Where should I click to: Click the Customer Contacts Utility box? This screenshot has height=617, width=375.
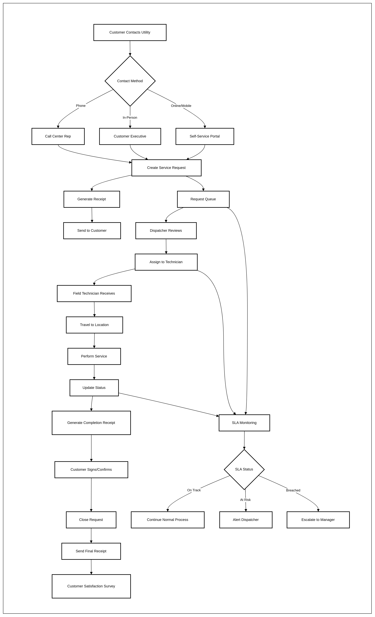pyautogui.click(x=130, y=32)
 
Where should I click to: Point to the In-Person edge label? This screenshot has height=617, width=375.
pyautogui.click(x=130, y=117)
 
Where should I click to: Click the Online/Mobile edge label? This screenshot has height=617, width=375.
pyautogui.click(x=181, y=106)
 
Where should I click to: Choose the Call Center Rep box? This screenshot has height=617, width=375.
pyautogui.click(x=58, y=136)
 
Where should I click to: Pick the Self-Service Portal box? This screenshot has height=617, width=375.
pyautogui.click(x=205, y=136)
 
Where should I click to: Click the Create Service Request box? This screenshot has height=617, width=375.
pyautogui.click(x=166, y=168)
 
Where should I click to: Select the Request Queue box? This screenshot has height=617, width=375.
pyautogui.click(x=203, y=199)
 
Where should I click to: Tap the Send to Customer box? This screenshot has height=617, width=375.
pyautogui.click(x=92, y=231)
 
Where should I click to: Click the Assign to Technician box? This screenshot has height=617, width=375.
pyautogui.click(x=166, y=262)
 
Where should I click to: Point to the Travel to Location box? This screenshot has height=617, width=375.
pyautogui.click(x=94, y=325)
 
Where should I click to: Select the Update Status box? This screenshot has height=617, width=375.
pyautogui.click(x=94, y=388)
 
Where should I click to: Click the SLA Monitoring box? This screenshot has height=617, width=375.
pyautogui.click(x=244, y=423)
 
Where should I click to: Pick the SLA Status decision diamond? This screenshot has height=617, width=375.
pyautogui.click(x=244, y=469)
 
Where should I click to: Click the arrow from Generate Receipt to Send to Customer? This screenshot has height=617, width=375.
pyautogui.click(x=92, y=215)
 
